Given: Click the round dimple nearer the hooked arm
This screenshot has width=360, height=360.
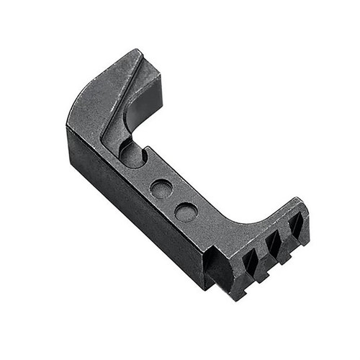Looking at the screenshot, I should tap(161, 189).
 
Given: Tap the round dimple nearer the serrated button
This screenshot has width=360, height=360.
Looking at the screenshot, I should tap(186, 212).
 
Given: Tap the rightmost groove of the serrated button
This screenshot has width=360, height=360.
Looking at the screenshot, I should tap(295, 226).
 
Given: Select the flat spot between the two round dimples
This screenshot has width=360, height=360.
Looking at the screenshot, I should tap(174, 201).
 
